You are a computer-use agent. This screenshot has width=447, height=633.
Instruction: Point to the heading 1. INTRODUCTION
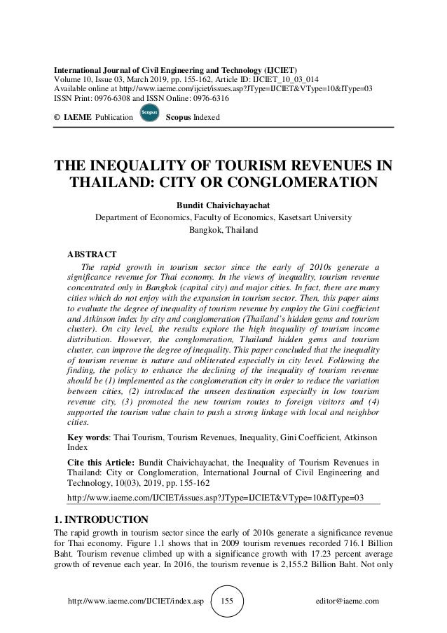pos(101,519)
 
